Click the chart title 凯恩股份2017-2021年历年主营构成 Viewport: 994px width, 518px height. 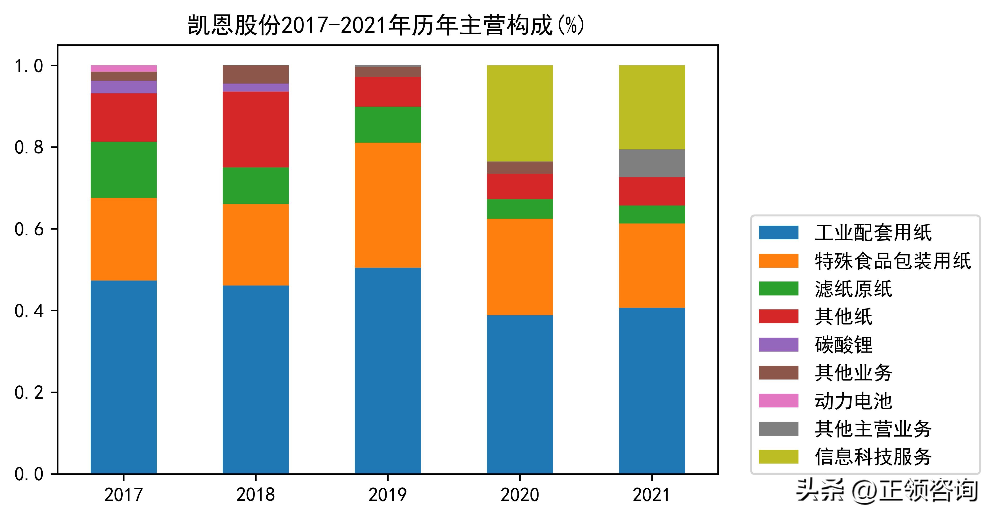point(386,26)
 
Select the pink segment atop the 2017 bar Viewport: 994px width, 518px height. point(124,69)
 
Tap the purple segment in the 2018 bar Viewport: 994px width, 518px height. point(255,88)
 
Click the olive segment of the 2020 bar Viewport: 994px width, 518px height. point(520,113)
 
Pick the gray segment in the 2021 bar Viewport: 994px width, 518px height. point(652,163)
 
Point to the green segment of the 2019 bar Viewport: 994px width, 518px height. point(388,125)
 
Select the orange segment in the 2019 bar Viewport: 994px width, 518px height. point(388,205)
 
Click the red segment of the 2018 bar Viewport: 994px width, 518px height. point(255,129)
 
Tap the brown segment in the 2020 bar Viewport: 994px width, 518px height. point(520,168)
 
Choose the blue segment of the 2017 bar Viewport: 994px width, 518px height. point(124,377)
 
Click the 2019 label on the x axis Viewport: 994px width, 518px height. point(388,495)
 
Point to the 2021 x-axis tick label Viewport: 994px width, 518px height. point(652,495)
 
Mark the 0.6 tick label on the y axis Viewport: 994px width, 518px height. point(29,229)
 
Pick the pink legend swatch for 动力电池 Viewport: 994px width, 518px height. point(778,401)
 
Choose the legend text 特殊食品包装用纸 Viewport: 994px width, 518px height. point(892,261)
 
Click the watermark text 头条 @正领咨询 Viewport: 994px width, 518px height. point(887,491)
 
